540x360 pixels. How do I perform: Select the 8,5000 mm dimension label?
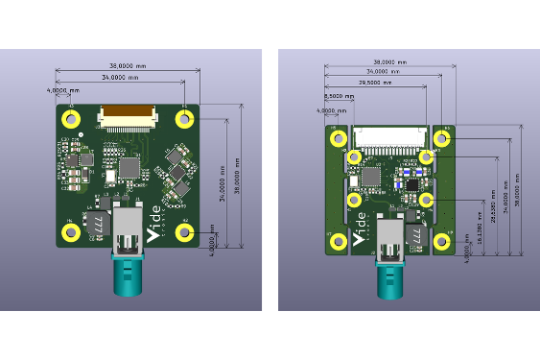tap(333, 97)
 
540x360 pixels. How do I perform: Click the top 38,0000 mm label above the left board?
tap(127, 64)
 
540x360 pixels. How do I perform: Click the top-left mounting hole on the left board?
tap(71, 118)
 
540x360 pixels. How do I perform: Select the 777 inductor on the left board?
tap(98, 223)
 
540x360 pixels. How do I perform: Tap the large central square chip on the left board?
tap(128, 169)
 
